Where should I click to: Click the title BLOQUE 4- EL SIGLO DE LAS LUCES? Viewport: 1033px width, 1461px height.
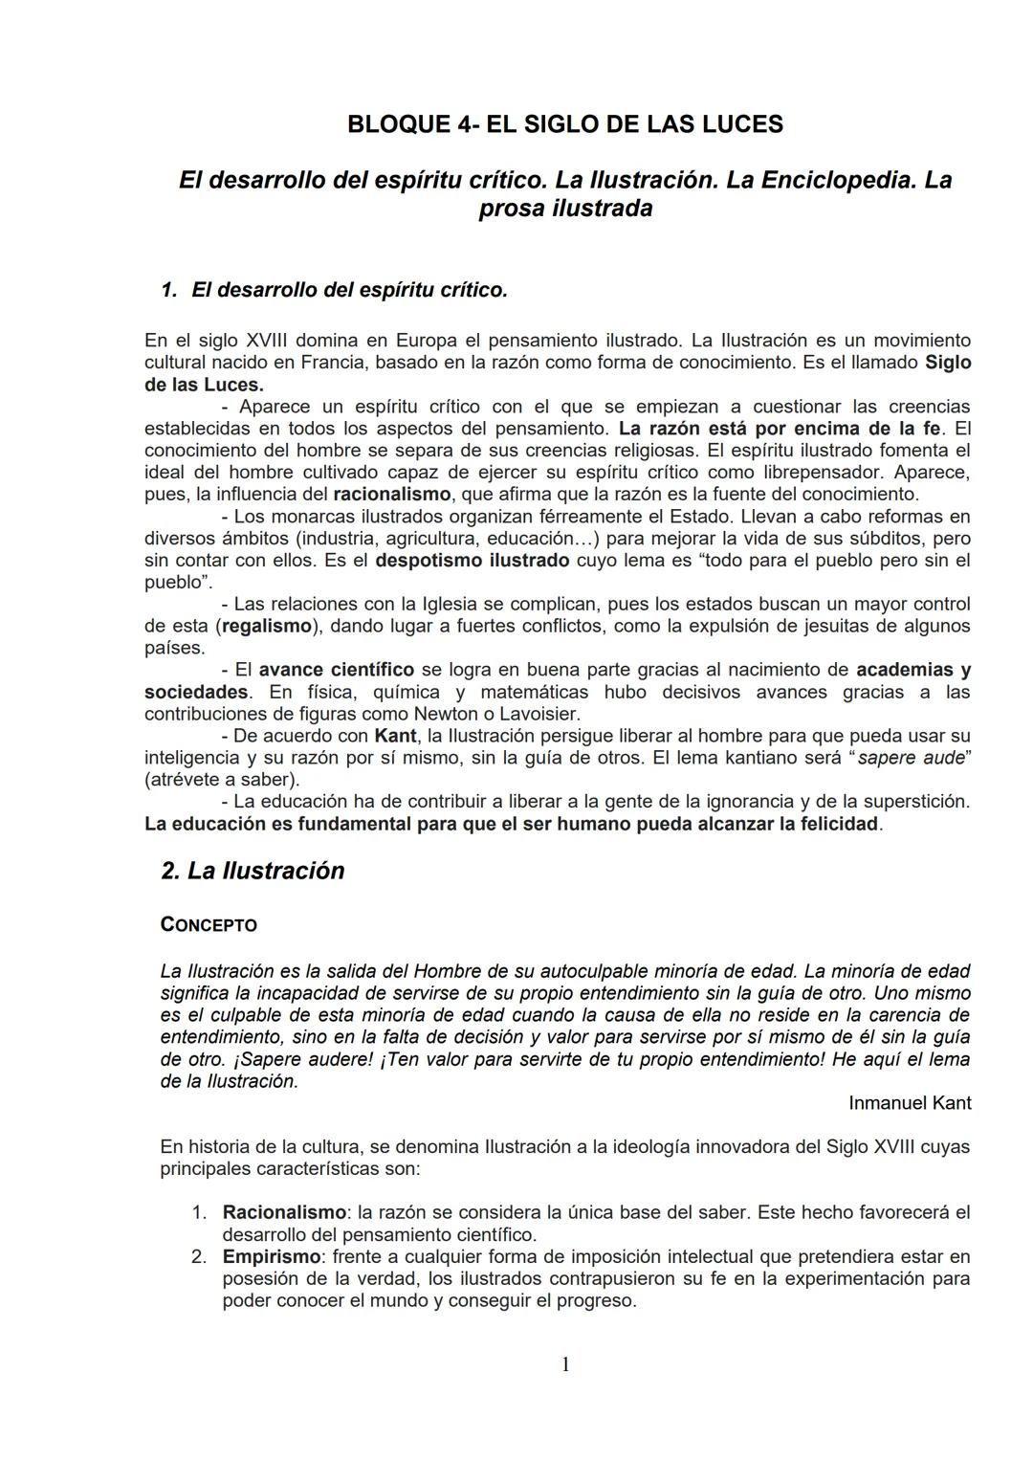(x=564, y=124)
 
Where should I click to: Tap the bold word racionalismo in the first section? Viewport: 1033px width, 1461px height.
(x=391, y=495)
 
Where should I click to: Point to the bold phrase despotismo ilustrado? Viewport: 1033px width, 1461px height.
(x=473, y=561)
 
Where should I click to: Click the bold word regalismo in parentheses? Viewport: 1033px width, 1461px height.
(x=267, y=627)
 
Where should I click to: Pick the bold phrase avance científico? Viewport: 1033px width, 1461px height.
(x=337, y=670)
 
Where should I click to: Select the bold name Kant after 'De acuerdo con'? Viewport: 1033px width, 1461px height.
(x=395, y=736)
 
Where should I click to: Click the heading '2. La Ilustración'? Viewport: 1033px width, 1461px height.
(x=253, y=871)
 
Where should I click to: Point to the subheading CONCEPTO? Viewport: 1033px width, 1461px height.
(x=209, y=925)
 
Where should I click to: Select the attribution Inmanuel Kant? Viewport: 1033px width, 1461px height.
(x=909, y=1103)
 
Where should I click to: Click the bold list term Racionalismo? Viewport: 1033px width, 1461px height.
(x=284, y=1212)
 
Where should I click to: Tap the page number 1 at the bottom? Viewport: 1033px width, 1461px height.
(x=564, y=1364)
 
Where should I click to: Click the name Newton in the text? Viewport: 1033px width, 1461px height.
(x=446, y=714)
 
